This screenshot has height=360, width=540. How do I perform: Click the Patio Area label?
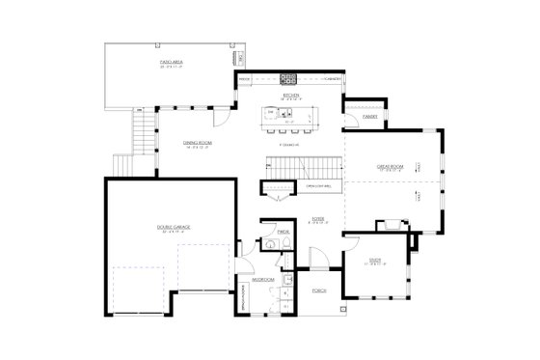coord(172,61)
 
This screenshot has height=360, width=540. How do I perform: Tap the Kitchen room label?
coord(290,95)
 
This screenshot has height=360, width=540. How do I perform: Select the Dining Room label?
coord(197,144)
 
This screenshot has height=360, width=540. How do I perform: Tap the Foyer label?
coord(317,221)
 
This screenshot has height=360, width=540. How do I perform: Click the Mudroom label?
coord(263,280)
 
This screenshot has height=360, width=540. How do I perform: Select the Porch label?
coord(319,291)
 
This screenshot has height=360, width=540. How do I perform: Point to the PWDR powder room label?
coord(284,233)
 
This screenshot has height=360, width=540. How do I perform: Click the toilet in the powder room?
coord(271,247)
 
